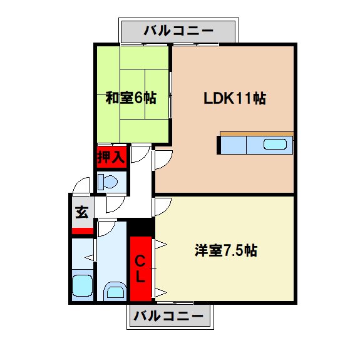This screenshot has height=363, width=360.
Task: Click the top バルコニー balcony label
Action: click(178, 30)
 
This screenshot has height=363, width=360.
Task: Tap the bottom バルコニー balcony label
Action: click(170, 315)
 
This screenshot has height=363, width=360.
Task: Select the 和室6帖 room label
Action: click(131, 98)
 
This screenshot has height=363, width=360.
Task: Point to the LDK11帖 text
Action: click(235, 98)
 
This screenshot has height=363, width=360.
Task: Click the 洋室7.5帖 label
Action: click(224, 250)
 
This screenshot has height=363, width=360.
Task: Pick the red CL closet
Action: click(141, 268)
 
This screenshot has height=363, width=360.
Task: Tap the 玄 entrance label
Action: click(82, 212)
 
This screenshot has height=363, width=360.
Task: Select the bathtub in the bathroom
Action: click(82, 286)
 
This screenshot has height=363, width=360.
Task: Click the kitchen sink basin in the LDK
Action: click(274, 145)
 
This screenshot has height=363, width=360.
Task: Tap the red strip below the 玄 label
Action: click(82, 230)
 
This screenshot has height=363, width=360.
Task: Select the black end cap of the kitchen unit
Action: click(219, 145)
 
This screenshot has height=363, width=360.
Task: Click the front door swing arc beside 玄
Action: click(81, 186)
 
